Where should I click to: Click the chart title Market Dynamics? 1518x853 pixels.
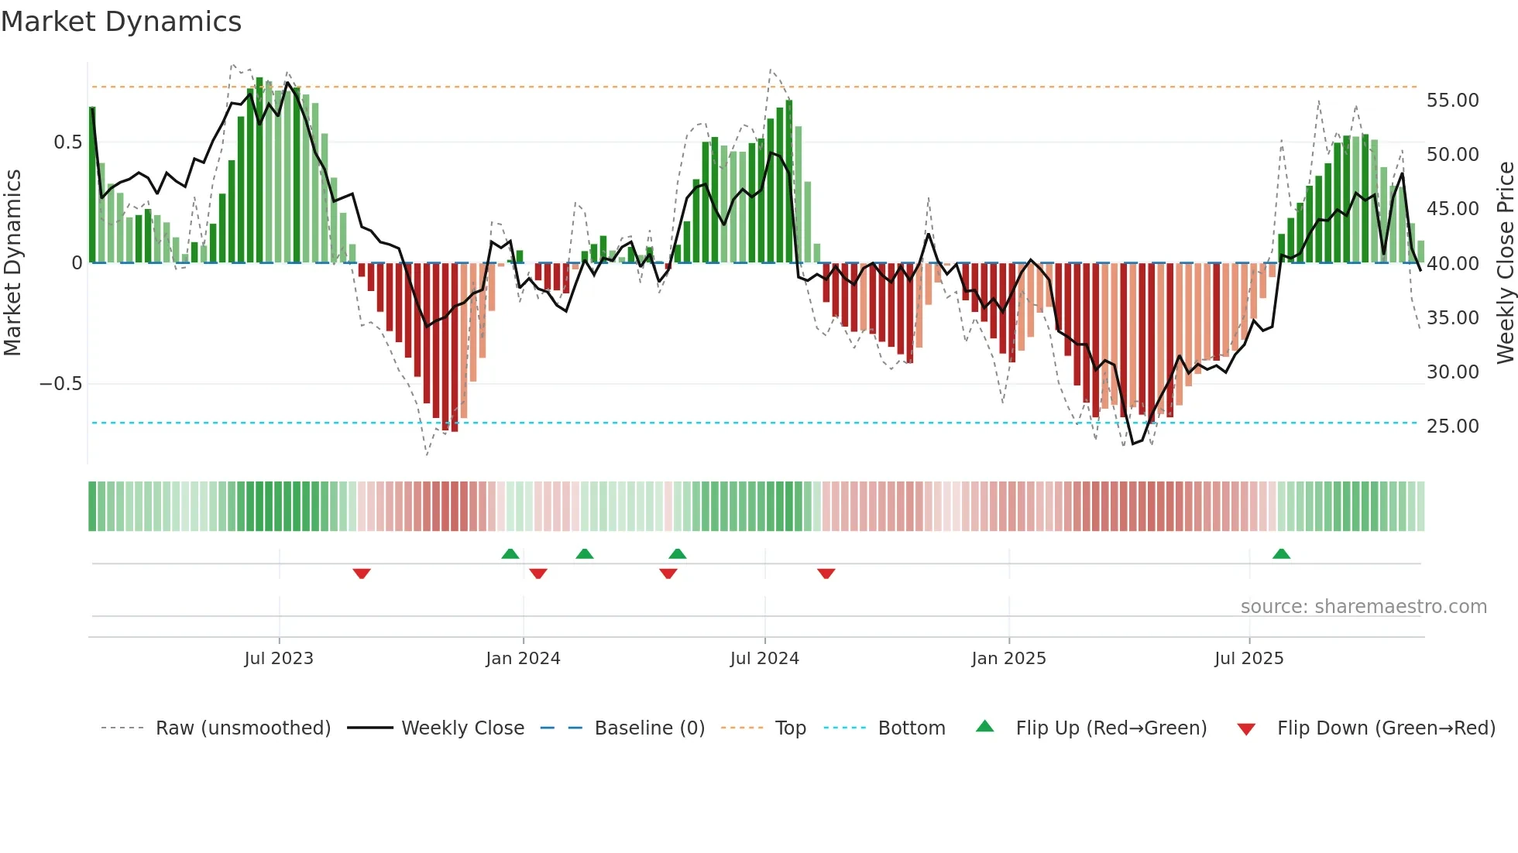point(121,22)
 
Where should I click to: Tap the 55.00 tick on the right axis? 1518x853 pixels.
point(1452,101)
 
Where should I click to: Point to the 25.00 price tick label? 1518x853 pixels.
point(1452,426)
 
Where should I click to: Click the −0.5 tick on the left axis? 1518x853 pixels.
point(60,384)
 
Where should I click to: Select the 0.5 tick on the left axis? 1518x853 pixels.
point(67,142)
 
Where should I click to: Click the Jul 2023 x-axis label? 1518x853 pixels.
point(279,659)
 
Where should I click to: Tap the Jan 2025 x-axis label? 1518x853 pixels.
point(1008,659)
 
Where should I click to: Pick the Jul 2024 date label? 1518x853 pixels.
point(764,659)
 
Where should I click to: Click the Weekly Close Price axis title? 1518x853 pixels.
point(1505,262)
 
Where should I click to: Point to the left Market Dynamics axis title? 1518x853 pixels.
point(12,262)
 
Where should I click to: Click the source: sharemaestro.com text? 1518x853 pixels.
point(1363,607)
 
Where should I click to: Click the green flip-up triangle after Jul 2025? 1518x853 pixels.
point(1281,554)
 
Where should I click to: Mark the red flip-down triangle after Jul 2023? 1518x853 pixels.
point(362,574)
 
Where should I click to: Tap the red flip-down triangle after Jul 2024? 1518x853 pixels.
point(826,574)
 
